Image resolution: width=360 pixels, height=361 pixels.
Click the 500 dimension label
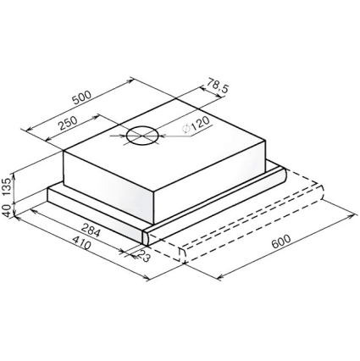coord(82,97)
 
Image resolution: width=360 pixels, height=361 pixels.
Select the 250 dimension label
coord(67,123)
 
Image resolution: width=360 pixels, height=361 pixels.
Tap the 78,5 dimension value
coord(218,85)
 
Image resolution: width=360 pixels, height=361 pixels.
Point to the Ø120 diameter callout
coord(196,125)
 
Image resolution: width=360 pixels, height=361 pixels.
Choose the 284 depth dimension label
coord(91,230)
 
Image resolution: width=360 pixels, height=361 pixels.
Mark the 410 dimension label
coord(82,242)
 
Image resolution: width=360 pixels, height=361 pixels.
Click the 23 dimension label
coord(143,256)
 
